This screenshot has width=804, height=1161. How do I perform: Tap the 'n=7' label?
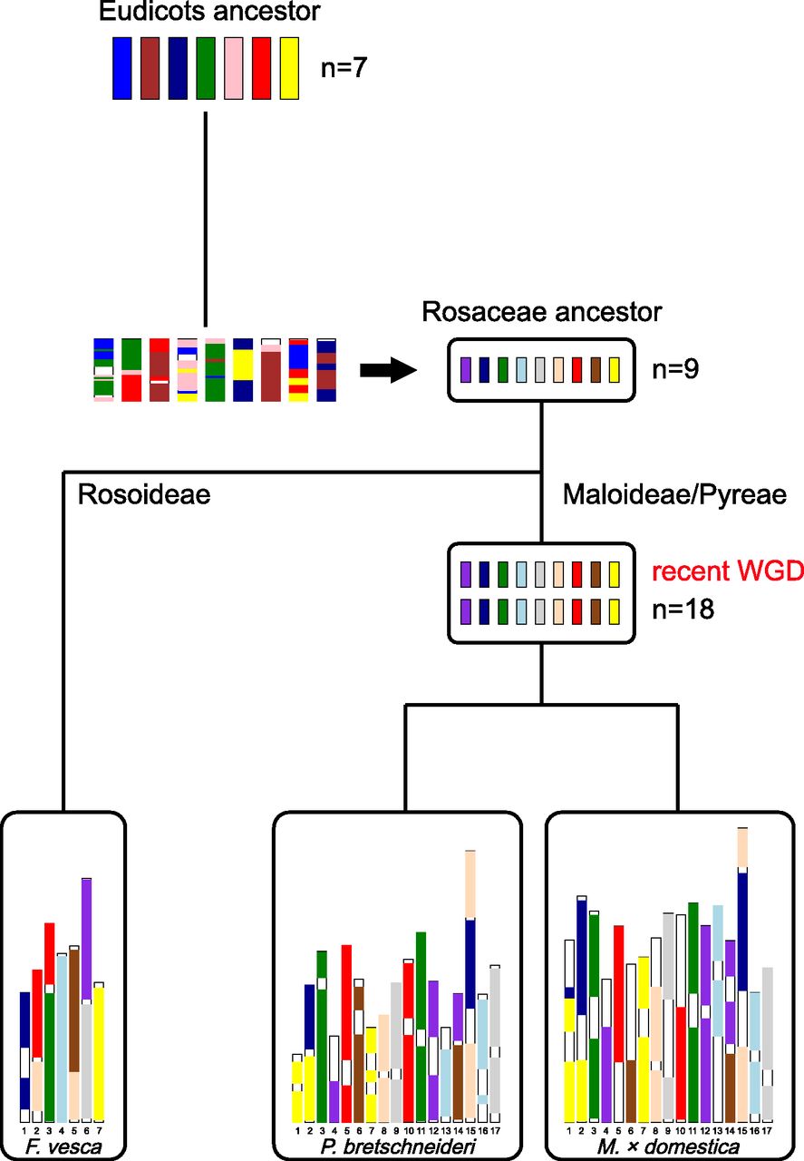tap(344, 69)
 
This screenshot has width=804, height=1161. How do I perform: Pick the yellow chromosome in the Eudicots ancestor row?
tap(289, 68)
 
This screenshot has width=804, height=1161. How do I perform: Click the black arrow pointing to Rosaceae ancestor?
tap(387, 370)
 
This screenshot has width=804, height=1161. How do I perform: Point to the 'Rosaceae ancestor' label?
tap(542, 313)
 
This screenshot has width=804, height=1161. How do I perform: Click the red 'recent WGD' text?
tap(728, 573)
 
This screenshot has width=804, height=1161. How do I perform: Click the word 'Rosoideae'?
tap(143, 494)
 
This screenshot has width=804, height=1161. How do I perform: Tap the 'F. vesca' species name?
tap(63, 1146)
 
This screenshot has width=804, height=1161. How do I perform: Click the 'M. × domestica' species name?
tap(669, 1146)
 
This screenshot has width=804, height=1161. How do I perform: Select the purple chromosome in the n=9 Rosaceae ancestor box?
tap(465, 370)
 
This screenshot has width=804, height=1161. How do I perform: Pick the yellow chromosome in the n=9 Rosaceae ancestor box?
tap(614, 370)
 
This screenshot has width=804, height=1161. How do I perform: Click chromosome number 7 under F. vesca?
tap(99, 1130)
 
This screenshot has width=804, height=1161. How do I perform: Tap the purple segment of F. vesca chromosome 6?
tap(87, 939)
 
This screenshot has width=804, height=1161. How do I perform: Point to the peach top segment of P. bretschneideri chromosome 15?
tap(470, 884)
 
